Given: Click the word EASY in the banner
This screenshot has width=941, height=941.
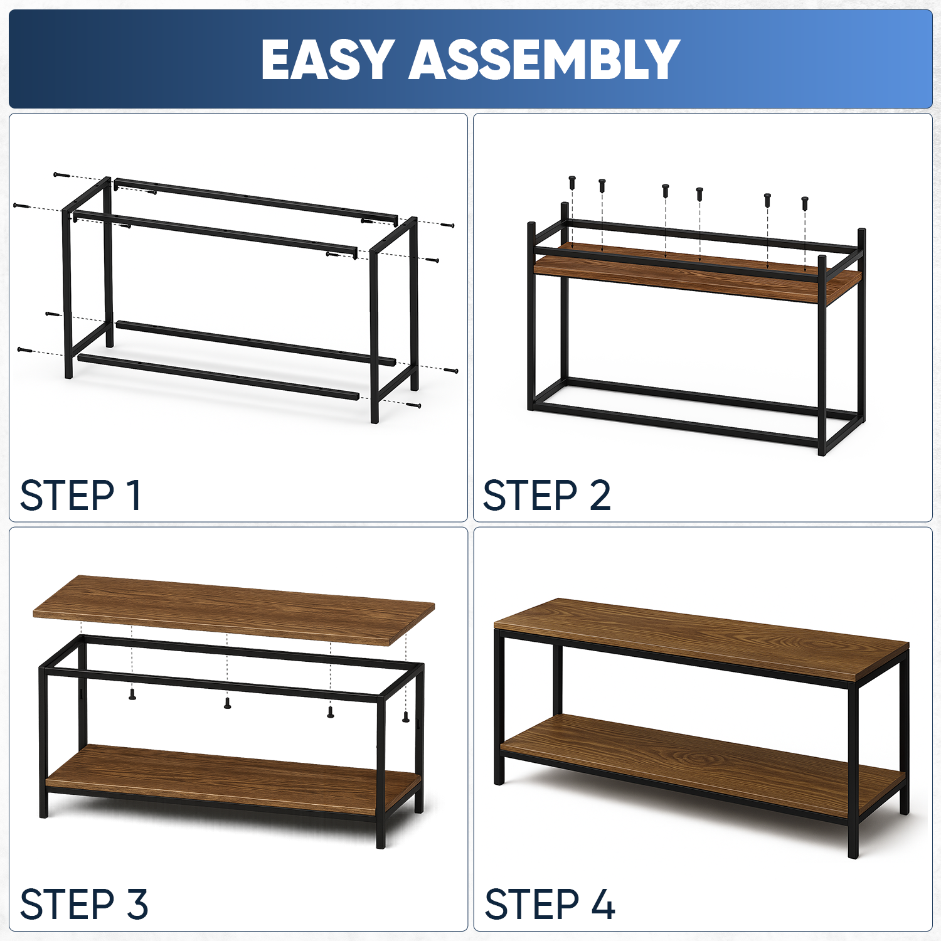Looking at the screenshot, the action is [x=327, y=60].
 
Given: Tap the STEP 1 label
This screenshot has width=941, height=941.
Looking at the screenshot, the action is [x=80, y=496].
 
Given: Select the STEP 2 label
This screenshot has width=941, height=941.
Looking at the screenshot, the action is [x=546, y=496].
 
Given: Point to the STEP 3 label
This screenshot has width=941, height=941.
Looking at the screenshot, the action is [x=84, y=904].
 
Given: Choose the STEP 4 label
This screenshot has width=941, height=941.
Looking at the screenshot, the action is [x=550, y=904].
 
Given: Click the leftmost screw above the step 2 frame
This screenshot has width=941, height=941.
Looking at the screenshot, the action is [x=572, y=183].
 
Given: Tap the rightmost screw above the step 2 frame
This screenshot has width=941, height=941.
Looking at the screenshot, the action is [x=805, y=203].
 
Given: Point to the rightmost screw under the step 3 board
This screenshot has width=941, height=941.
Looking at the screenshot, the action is [x=406, y=717].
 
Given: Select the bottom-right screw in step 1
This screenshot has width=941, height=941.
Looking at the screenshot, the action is [x=413, y=405].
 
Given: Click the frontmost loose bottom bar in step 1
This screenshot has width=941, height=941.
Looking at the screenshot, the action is [x=218, y=377].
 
